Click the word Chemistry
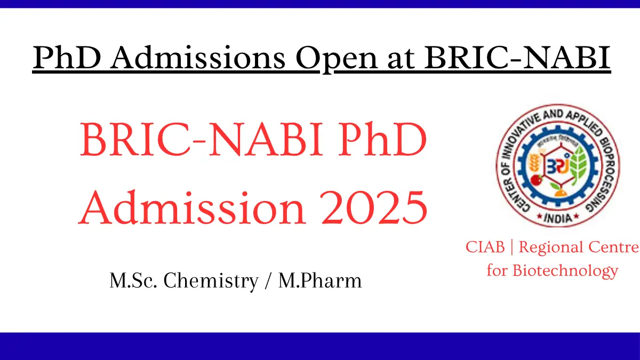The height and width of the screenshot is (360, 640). (x=211, y=281)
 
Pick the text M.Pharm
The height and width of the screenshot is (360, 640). (x=320, y=281)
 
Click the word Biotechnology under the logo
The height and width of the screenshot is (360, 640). (x=565, y=270)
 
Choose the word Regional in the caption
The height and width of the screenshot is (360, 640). (x=550, y=247)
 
